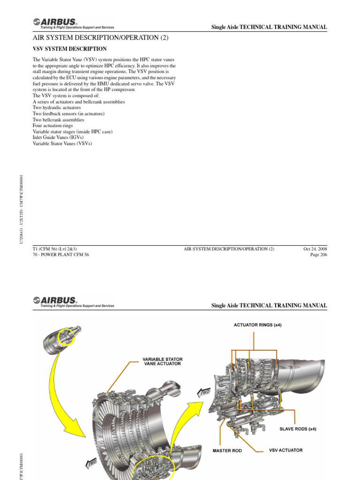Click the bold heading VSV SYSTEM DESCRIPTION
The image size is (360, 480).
[69, 49]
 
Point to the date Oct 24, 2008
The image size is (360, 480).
[315, 249]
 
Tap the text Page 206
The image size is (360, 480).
[318, 255]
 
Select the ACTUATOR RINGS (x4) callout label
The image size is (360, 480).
[257, 325]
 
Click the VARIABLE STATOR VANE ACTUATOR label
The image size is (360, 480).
[162, 361]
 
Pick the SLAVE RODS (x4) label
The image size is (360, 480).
[298, 428]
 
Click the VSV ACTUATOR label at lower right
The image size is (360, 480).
[285, 450]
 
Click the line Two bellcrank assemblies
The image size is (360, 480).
[58, 120]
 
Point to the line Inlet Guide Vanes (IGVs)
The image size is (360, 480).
[58, 138]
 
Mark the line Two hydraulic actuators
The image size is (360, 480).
[57, 107]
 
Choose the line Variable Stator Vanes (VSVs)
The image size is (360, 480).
[62, 144]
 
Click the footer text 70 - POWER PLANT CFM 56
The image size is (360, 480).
[60, 255]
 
